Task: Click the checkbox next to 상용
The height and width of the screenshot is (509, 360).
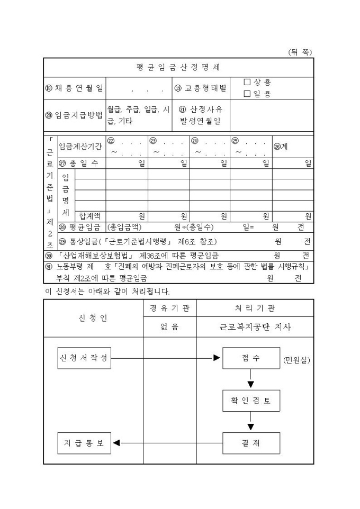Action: click(247, 82)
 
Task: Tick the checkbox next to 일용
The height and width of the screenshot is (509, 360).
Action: click(247, 94)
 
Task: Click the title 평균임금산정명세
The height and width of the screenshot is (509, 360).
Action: click(178, 67)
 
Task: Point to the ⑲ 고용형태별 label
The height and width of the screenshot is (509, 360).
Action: click(200, 88)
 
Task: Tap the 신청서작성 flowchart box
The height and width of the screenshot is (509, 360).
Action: click(84, 358)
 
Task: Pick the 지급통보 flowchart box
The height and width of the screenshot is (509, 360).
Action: click(84, 443)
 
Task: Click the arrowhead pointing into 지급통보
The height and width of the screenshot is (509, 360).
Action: click(116, 443)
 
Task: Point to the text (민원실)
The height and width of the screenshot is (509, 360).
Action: click(296, 360)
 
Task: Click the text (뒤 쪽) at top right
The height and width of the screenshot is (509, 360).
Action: click(300, 52)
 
